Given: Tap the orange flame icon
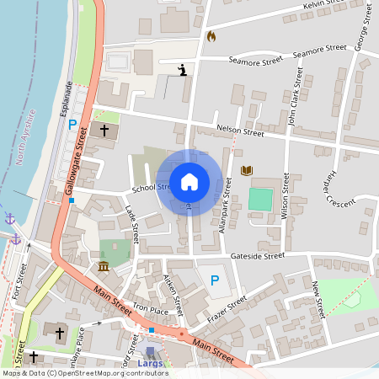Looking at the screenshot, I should click(211, 36).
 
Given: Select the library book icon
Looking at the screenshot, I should click(246, 171).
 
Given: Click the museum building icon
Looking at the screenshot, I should click(103, 267).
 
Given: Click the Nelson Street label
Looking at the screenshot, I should click(240, 131).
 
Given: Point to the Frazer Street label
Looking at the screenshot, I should click(226, 312).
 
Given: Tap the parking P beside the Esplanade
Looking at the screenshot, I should click(72, 125).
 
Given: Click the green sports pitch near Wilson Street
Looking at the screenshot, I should click(260, 200).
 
